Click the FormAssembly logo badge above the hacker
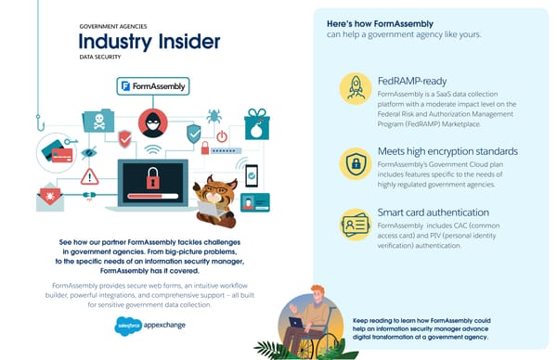(x=153, y=86)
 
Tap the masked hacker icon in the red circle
(x=151, y=122)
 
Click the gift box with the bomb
(x=256, y=124)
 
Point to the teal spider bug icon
(x=214, y=116)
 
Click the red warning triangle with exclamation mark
(x=90, y=176)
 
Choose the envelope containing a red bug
(x=50, y=198)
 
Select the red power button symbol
(x=222, y=136)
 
